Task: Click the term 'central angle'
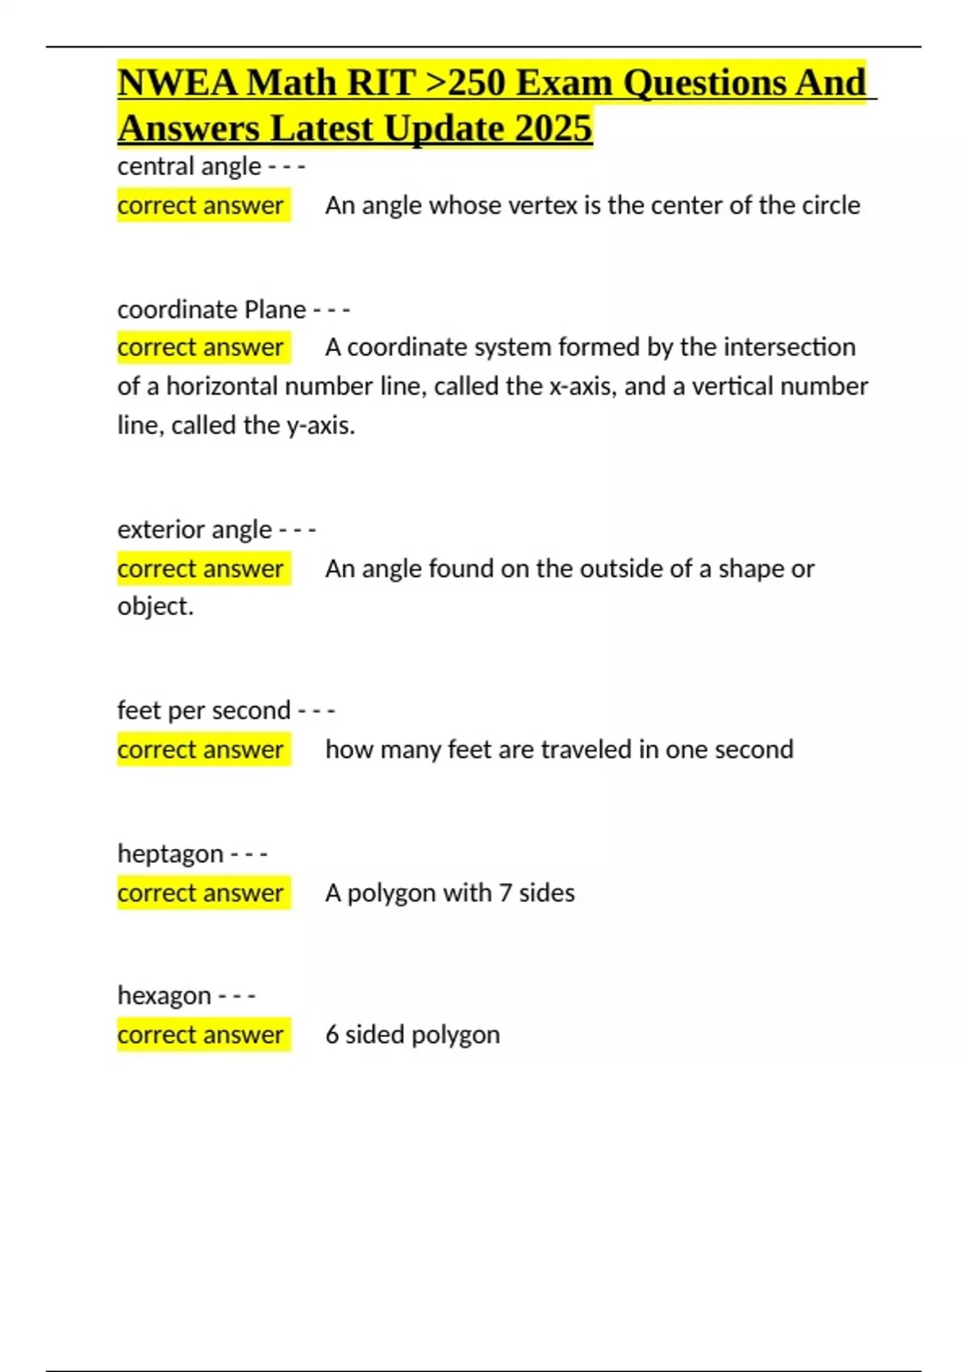point(189,166)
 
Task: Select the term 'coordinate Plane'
point(211,309)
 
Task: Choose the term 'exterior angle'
point(194,529)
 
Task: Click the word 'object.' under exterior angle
point(156,606)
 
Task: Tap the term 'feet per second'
point(203,710)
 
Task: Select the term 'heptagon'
point(170,853)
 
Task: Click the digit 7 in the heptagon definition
point(505,893)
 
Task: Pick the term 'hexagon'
point(165,995)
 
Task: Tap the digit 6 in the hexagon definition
point(332,1035)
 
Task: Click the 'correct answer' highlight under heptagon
point(201,893)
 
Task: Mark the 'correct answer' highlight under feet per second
point(201,749)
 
